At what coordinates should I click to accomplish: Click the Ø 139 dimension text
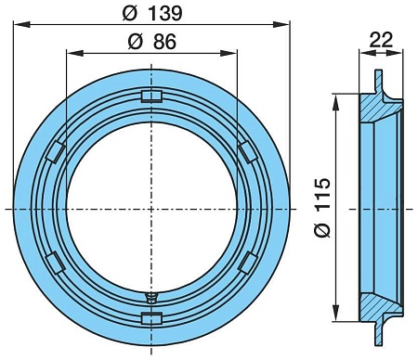point(153,13)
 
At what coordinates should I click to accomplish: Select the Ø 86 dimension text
point(153,42)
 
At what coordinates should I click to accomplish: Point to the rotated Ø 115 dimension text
point(321,208)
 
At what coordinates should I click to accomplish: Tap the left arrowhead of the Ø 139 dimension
point(18,22)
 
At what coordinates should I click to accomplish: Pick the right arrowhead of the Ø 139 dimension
point(288,22)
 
